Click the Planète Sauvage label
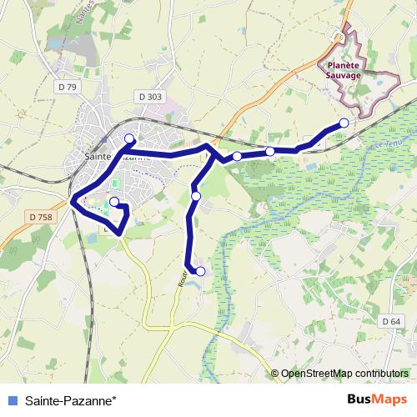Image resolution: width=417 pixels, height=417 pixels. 344,69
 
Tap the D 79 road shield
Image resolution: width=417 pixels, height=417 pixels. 68,86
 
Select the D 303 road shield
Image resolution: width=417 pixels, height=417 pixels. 151,97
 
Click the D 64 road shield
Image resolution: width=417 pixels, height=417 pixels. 392,321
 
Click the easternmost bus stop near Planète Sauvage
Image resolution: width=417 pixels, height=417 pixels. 344,123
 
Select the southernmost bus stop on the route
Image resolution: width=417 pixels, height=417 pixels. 200,271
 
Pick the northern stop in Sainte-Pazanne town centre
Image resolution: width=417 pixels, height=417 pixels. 129,138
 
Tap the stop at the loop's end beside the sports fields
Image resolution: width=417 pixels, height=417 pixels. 114,202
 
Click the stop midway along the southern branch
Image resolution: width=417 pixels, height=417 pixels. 196,196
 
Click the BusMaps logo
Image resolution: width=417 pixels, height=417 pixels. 378,399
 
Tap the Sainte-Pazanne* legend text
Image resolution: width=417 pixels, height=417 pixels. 71,399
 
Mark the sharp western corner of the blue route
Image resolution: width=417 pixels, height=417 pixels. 73,201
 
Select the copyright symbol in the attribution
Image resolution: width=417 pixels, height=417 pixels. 276,373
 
